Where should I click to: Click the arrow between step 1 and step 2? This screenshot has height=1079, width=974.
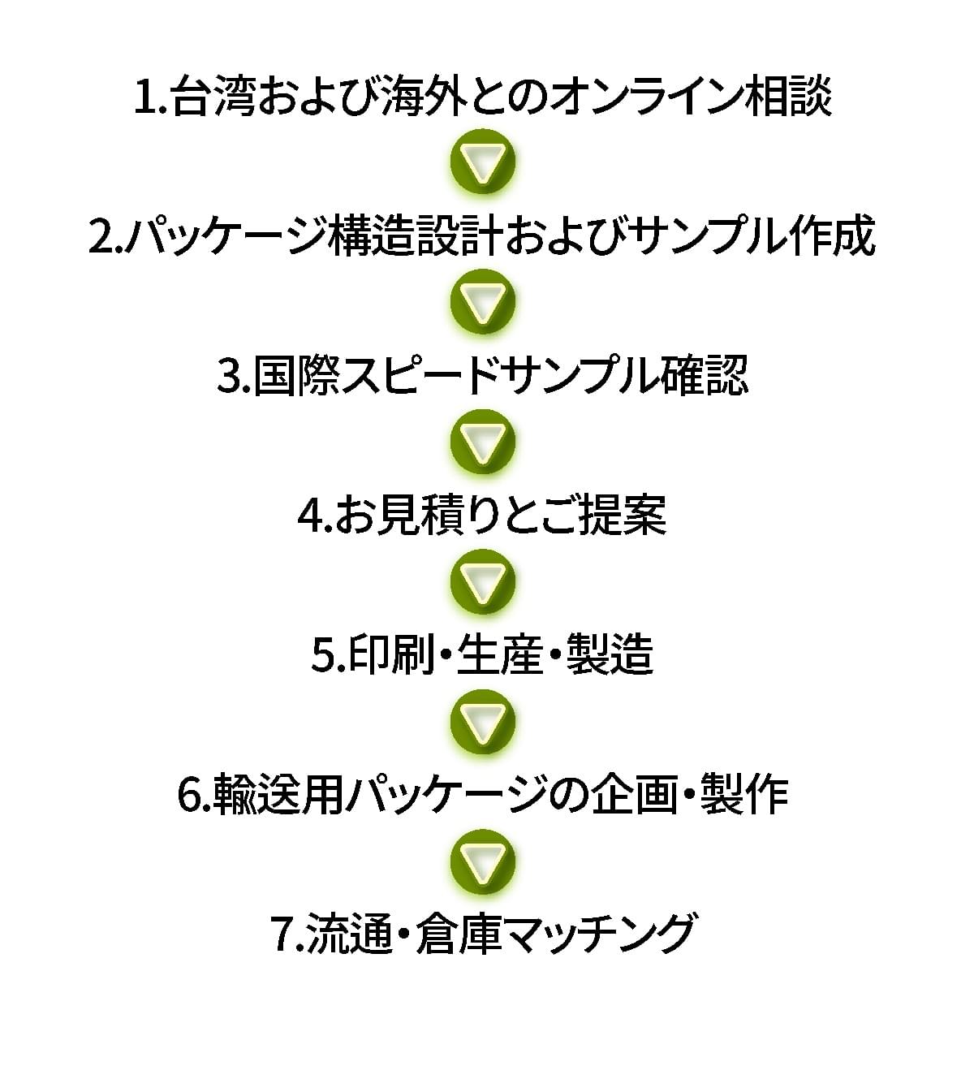click(x=483, y=161)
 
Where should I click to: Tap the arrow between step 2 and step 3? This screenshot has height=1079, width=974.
click(x=483, y=300)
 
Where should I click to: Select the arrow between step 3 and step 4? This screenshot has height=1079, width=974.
click(x=483, y=442)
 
